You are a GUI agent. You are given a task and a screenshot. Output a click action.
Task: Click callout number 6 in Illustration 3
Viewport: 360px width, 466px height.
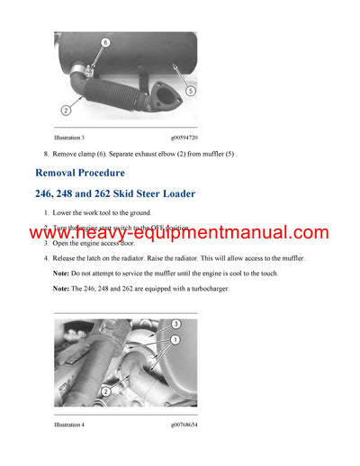(x=103, y=42)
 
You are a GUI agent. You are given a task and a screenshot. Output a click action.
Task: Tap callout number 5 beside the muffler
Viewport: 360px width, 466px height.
(x=191, y=90)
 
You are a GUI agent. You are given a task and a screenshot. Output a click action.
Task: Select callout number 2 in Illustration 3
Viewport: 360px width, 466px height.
(x=65, y=112)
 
